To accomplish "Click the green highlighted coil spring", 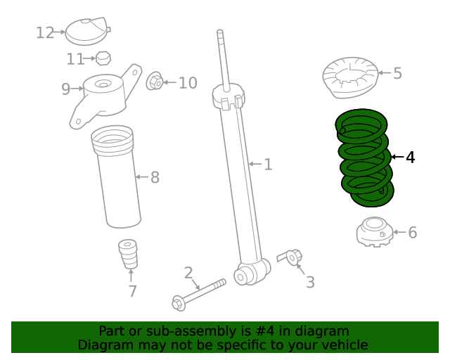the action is tap(364, 158).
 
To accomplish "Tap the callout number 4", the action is tap(411, 157).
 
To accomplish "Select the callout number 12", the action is tap(45, 32).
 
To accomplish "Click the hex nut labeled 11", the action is tap(103, 58).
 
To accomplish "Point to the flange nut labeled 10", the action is tap(155, 82).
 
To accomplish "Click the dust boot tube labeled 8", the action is tap(116, 176).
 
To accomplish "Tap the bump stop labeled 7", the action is tap(128, 254).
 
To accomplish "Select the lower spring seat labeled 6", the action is tap(375, 232).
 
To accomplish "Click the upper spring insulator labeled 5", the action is tap(350, 78).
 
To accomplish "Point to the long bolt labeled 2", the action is tap(198, 295).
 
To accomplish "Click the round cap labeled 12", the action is tap(87, 32).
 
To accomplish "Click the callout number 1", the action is tap(268, 165).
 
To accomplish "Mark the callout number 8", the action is tap(155, 177).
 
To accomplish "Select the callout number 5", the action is tap(397, 73).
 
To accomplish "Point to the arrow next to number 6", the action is tap(399, 232).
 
